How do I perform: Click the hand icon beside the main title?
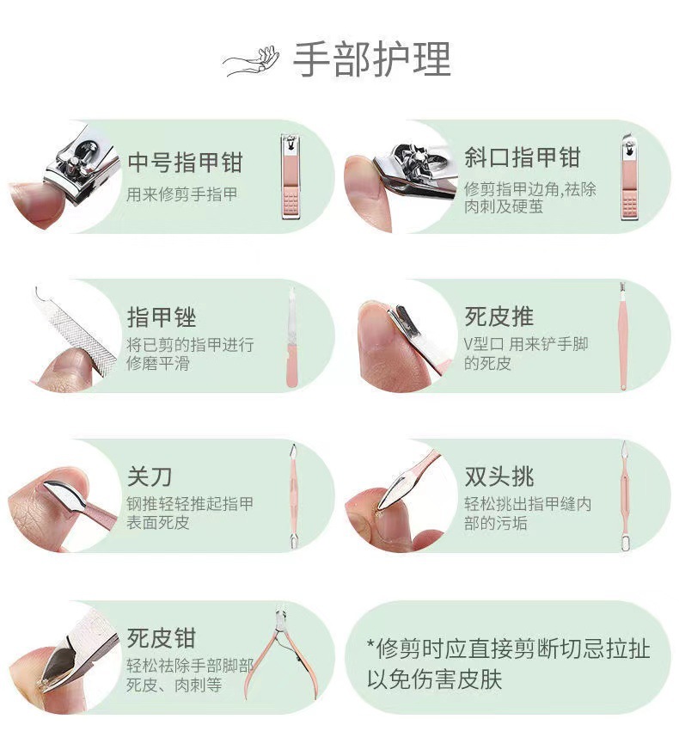pos(251,61)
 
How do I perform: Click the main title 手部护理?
pos(371,59)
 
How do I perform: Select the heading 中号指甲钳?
pos(185,162)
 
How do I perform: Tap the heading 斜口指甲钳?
pos(523,157)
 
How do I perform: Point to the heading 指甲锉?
pos(162,317)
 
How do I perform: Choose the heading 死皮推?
pos(499,317)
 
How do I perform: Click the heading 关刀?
pos(150,476)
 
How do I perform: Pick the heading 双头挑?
pos(499,476)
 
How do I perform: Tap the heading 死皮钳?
pos(162,638)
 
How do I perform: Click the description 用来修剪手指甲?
pos(182,194)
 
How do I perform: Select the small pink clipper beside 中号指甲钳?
pos(291,177)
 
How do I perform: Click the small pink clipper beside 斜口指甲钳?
pos(631,177)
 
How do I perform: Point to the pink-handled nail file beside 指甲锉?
pos(291,337)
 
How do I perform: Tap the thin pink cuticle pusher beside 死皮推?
pos(623,336)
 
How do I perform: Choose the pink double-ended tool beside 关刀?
pos(293,496)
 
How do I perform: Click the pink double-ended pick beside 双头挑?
pos(625,496)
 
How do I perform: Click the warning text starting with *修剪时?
pos(509,664)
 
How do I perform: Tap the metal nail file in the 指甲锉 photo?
pos(77,329)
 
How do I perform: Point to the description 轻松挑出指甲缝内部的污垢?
pos(528,513)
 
